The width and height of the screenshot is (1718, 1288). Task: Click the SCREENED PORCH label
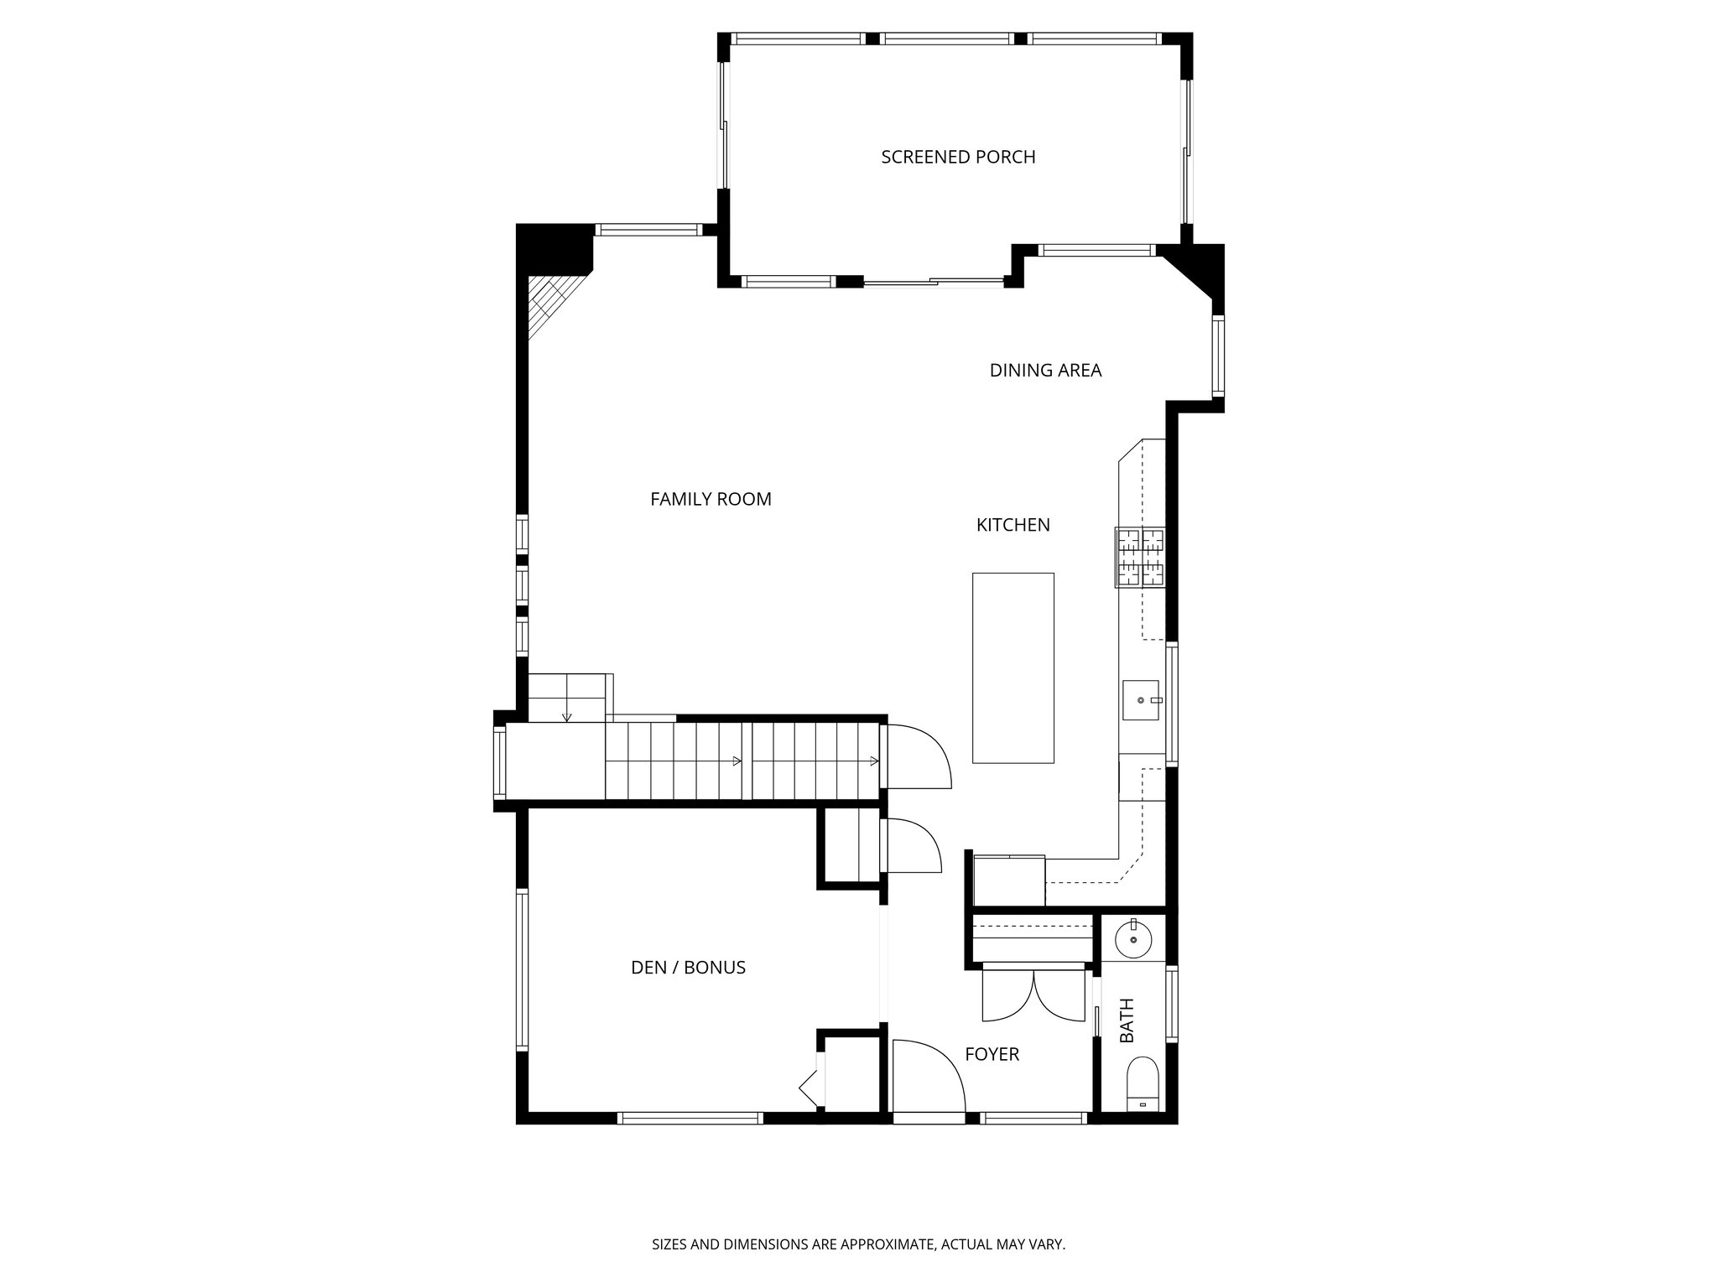(958, 157)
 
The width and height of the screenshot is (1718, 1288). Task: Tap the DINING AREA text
(1045, 370)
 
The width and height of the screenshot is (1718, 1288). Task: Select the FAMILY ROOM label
(711, 499)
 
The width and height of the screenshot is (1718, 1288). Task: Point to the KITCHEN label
(1013, 525)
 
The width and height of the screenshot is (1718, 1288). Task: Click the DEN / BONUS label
(688, 968)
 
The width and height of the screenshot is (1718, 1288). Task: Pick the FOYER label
(992, 1054)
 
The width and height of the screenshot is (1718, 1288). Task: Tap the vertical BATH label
(1127, 1021)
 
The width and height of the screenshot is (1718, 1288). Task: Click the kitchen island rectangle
(1013, 667)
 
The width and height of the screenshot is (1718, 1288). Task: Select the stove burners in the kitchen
(1140, 557)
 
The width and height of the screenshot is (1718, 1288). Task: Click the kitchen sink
(1140, 699)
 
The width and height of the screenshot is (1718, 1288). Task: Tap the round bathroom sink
(1133, 940)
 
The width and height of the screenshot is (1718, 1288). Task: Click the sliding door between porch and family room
(934, 283)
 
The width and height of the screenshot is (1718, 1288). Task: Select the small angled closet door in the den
(810, 1090)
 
